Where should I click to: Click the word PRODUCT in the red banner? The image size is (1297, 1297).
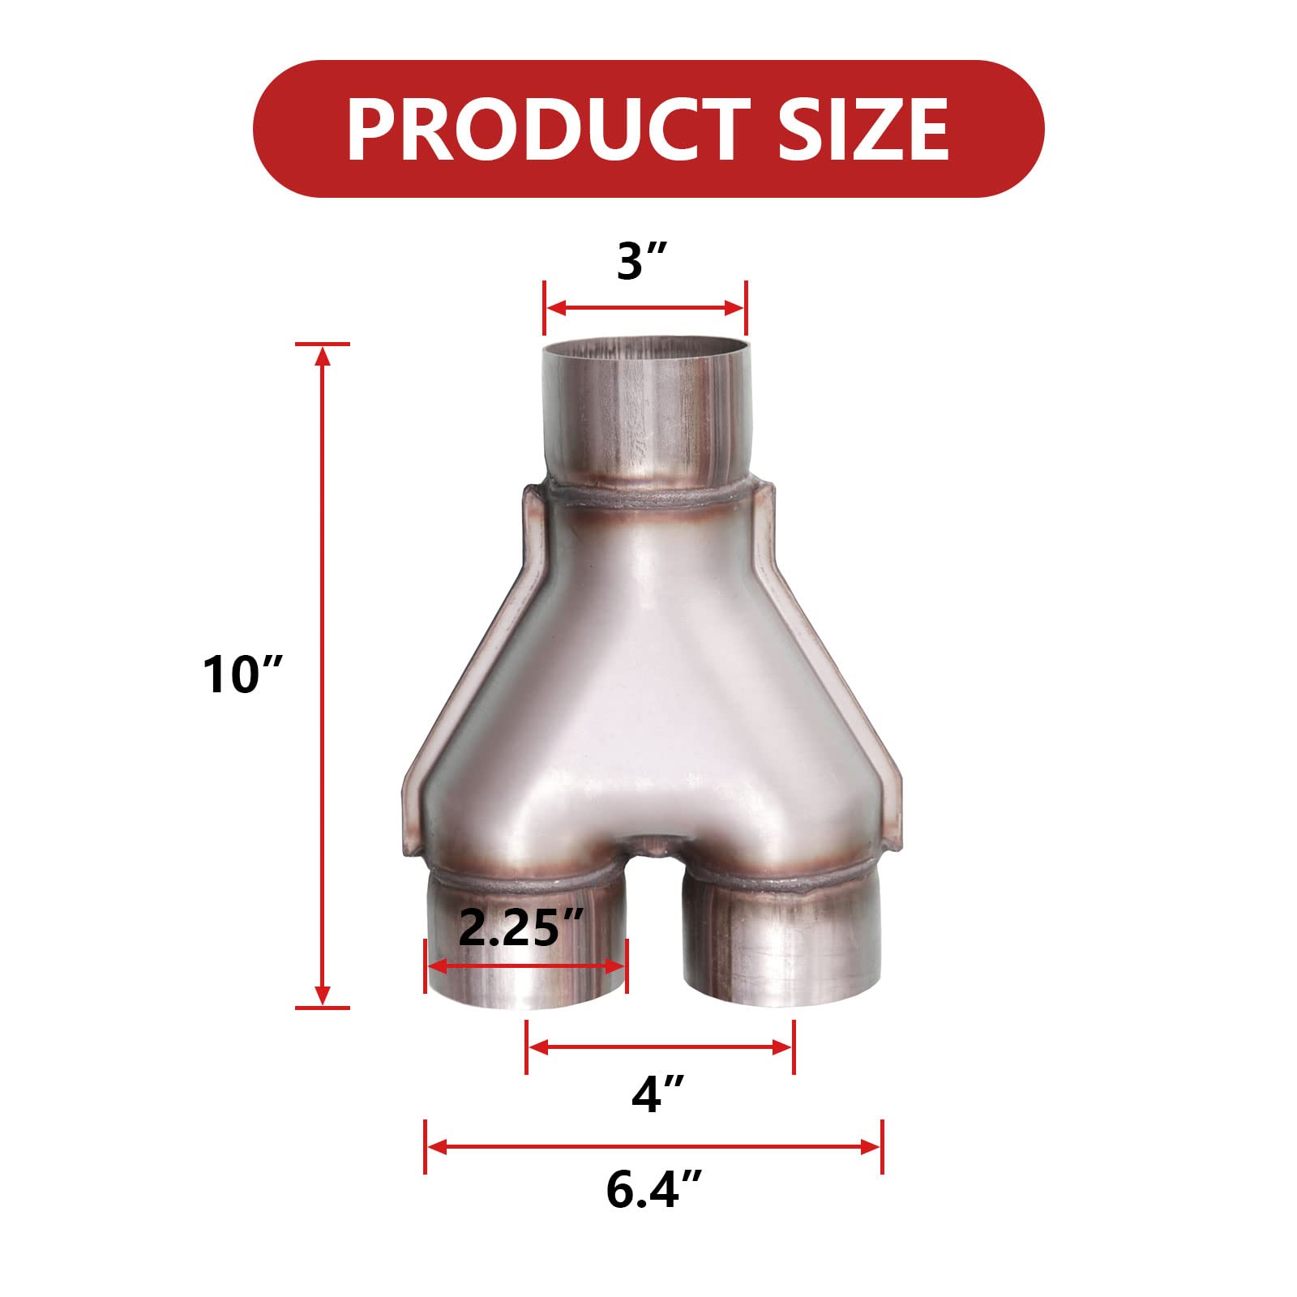pyautogui.click(x=541, y=130)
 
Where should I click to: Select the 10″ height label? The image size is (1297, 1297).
pyautogui.click(x=243, y=674)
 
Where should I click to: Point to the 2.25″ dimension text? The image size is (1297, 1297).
pyautogui.click(x=520, y=928)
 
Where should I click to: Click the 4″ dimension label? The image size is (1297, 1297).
pyautogui.click(x=658, y=1095)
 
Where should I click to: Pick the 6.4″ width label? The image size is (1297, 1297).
pyautogui.click(x=653, y=1190)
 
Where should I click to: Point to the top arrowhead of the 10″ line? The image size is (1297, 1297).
pyautogui.click(x=323, y=354)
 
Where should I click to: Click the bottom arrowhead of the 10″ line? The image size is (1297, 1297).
pyautogui.click(x=323, y=997)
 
